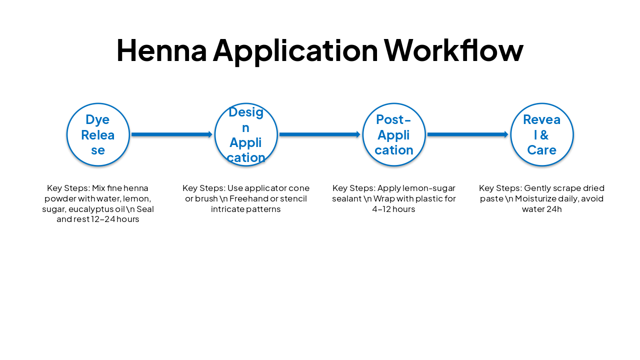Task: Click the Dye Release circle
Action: [x=98, y=134]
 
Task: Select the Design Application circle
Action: [x=246, y=134]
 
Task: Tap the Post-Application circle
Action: [x=394, y=134]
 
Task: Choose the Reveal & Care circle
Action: [x=542, y=134]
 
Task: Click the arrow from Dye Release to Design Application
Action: [x=172, y=134]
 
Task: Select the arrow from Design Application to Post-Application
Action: [x=320, y=134]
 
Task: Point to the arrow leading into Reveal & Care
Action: [x=468, y=134]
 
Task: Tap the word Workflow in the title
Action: [x=453, y=50]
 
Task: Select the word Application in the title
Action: [x=295, y=50]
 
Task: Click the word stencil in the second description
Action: [x=293, y=198]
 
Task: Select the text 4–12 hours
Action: [x=394, y=209]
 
